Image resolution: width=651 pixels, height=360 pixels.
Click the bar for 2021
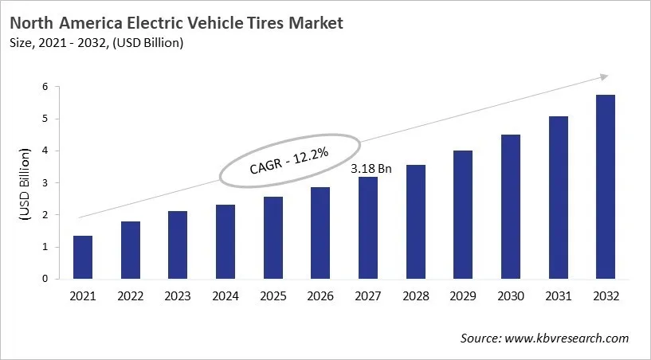pos(83,257)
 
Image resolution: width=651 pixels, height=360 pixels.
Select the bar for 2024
pos(225,242)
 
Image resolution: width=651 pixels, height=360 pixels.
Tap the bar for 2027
pos(367,228)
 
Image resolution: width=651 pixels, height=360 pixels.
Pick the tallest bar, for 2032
pos(605,187)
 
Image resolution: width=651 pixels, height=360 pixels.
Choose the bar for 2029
pos(462,215)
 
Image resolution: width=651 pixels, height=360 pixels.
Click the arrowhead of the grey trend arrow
pos(603,76)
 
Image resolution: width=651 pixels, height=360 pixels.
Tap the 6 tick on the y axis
pos(45,87)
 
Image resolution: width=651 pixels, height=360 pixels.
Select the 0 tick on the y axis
pos(45,280)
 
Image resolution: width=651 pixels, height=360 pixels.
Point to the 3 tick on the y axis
pos(45,183)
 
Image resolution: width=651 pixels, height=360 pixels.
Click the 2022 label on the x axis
pos(130,295)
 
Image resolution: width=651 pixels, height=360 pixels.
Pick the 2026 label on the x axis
pos(320,295)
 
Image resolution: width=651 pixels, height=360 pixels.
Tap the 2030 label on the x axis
pos(510,295)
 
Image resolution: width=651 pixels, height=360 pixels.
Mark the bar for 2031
pos(558,198)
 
